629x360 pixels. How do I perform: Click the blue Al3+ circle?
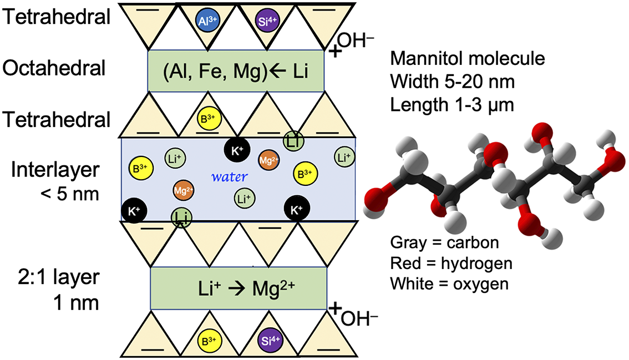coord(207,20)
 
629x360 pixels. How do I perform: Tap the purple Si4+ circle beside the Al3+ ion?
coord(267,21)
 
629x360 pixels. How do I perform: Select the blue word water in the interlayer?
coord(229,176)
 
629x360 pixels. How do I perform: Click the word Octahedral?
coord(54,68)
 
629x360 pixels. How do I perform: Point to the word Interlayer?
coord(55,169)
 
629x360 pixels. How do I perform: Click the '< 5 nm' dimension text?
coord(69,194)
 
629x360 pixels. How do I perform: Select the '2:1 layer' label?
coord(59,277)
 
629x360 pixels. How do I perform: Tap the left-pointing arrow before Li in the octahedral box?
coord(277,72)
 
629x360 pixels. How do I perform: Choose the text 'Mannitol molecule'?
coord(468,59)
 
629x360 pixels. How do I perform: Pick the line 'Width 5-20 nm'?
coord(453,82)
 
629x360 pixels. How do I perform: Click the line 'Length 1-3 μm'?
coord(452,105)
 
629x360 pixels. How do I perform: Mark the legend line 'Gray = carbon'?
coord(444,242)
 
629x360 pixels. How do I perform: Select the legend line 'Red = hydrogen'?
coord(452,263)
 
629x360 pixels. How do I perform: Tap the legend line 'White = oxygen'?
coord(449,284)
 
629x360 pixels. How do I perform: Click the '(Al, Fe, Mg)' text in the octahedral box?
coord(215,72)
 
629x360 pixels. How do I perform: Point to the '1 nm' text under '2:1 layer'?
coord(76,303)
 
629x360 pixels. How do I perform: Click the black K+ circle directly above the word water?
coord(237,150)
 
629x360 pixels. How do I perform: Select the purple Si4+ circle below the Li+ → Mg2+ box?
coord(270,341)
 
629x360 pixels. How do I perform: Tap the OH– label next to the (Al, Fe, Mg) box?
coord(356,40)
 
